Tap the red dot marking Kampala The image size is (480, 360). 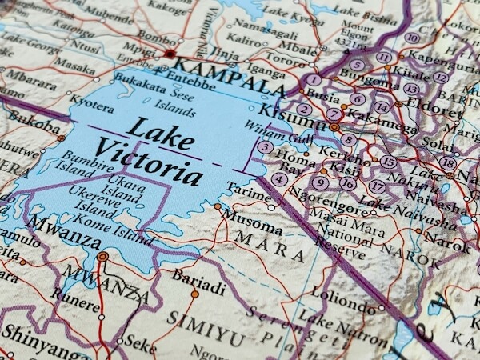click(170, 54)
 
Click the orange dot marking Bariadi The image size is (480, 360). click(194, 294)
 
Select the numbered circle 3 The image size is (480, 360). click(265, 146)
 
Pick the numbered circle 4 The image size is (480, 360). click(278, 179)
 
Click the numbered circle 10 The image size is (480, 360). click(411, 38)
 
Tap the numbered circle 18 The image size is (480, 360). click(447, 163)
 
